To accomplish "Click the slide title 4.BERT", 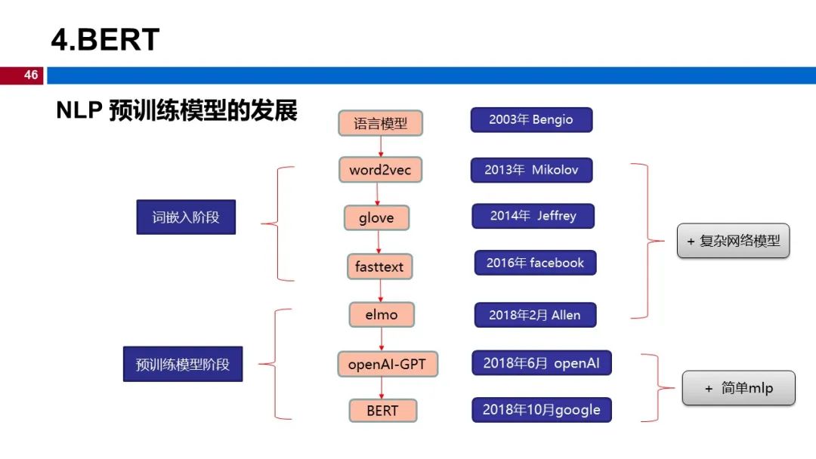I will pos(105,39).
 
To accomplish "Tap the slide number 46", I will pos(30,75).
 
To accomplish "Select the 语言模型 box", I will pos(379,123).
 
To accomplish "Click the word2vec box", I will pos(380,170).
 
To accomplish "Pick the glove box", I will pos(376,218).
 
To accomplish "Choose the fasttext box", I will pos(379,266).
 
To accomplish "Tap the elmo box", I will pos(382,314).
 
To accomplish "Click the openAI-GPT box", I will pos(387,365).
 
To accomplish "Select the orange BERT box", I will pos(382,411).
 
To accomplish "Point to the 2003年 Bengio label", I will pos(531,120).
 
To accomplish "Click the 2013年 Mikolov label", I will pos(531,170).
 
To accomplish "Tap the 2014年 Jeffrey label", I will pos(533,216).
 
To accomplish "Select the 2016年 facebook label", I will pos(535,263).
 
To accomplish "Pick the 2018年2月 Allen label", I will pos(535,315).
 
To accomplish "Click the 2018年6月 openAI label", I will pos(541,363).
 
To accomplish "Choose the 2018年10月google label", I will pos(541,410).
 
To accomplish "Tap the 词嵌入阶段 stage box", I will pos(186,217).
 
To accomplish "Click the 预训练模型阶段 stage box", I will pos(183,365).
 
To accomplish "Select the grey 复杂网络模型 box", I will pos(733,242).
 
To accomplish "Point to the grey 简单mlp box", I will pos(738,388).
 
